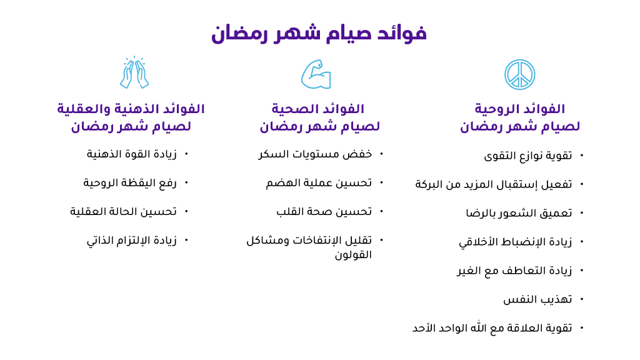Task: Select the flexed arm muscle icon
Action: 316,74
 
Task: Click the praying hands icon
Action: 134,72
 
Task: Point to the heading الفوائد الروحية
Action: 519,109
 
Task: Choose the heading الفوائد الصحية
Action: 318,109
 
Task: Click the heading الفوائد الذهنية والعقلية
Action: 131,109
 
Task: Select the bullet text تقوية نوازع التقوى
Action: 527,156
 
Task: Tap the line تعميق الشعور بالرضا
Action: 519,213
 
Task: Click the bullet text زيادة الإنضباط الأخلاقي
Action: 516,242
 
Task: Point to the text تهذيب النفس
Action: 537,299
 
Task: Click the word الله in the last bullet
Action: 479,327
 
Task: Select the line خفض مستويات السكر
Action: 315,154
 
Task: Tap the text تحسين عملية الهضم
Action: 319,183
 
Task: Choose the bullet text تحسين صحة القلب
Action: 324,212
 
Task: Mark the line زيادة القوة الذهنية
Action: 131,154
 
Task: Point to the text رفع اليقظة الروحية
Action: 130,183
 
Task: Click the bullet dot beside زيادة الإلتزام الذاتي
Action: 186,240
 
